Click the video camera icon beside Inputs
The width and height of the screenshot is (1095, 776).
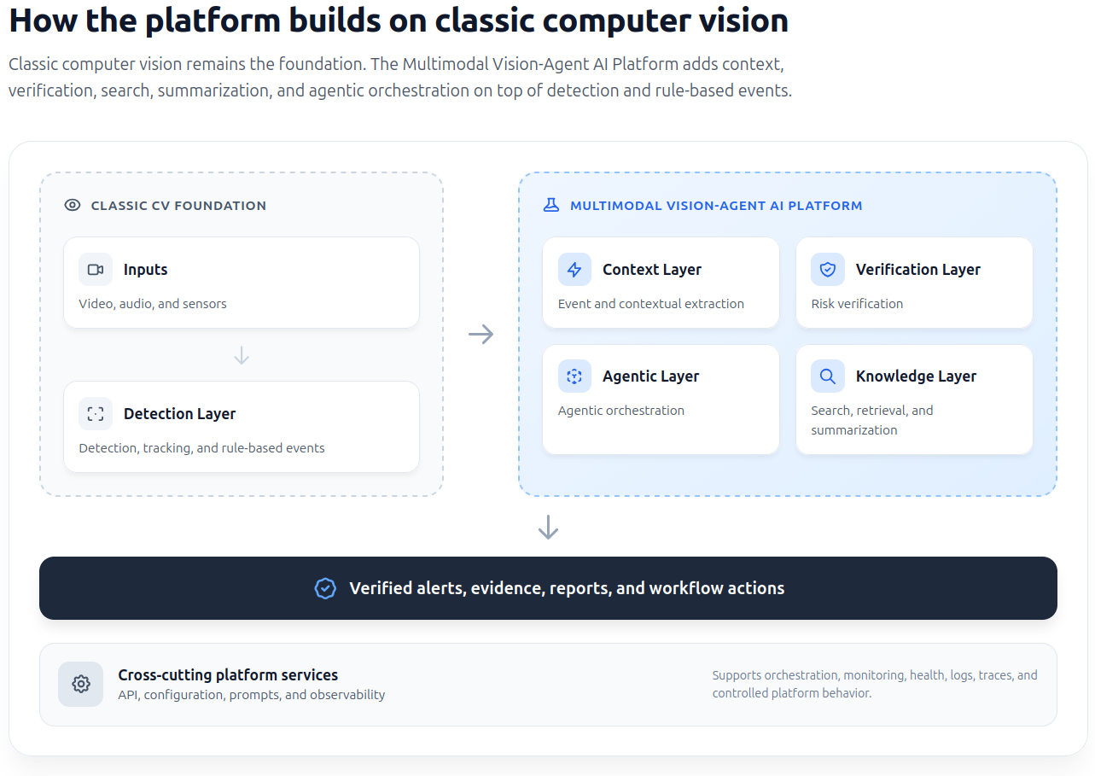pyautogui.click(x=96, y=270)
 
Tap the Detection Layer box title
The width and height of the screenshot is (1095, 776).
pyautogui.click(x=179, y=414)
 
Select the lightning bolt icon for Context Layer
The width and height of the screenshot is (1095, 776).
pyautogui.click(x=574, y=270)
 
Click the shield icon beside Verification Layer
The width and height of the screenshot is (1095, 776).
pyautogui.click(x=827, y=270)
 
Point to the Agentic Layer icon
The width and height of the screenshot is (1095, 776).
pyautogui.click(x=574, y=376)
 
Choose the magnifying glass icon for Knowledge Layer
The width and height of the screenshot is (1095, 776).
pyautogui.click(x=827, y=376)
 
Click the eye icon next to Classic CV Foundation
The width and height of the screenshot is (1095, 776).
pyautogui.click(x=73, y=205)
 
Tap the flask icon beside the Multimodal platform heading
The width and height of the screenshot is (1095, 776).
pyautogui.click(x=551, y=205)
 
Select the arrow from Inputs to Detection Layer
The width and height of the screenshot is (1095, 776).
pyautogui.click(x=242, y=355)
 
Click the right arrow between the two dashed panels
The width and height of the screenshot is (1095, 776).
pyautogui.click(x=481, y=334)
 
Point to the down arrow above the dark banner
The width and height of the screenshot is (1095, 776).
pyautogui.click(x=548, y=527)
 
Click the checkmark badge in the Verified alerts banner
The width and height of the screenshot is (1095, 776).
pyautogui.click(x=325, y=588)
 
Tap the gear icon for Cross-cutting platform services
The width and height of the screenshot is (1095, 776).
pyautogui.click(x=81, y=684)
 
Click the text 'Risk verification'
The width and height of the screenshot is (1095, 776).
pyautogui.click(x=857, y=304)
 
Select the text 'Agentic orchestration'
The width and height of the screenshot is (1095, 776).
pyautogui.click(x=621, y=411)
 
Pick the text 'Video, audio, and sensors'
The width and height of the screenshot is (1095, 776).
pyautogui.click(x=153, y=304)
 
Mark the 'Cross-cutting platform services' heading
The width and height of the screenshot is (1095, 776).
pyautogui.click(x=228, y=674)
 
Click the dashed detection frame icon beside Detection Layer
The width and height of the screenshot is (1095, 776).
pyautogui.click(x=96, y=414)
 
